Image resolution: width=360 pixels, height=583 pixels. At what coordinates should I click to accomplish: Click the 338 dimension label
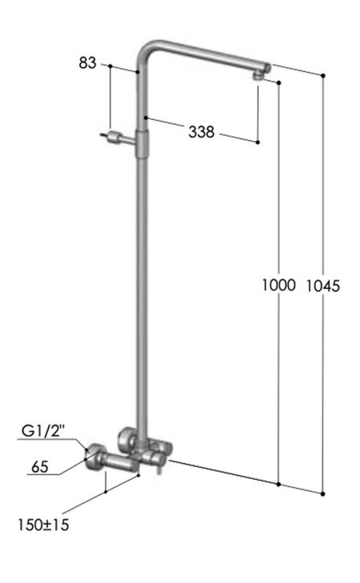click(x=202, y=133)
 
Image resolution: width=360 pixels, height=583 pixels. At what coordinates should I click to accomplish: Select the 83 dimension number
click(x=88, y=62)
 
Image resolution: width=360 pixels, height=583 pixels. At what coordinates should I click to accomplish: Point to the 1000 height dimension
click(x=278, y=285)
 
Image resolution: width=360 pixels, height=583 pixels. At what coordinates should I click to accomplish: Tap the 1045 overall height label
click(x=323, y=285)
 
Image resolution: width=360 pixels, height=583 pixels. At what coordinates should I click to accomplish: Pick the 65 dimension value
click(x=41, y=465)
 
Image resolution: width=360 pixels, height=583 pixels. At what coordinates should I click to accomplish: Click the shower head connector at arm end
click(x=258, y=75)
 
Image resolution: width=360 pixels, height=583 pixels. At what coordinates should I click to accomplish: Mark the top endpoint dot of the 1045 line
click(x=323, y=75)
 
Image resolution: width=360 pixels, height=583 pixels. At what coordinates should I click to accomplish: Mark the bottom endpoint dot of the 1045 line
click(x=323, y=493)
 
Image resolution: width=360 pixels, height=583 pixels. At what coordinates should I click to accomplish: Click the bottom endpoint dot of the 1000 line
click(x=278, y=484)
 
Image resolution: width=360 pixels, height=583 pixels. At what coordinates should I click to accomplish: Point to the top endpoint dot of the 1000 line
click(x=278, y=82)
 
